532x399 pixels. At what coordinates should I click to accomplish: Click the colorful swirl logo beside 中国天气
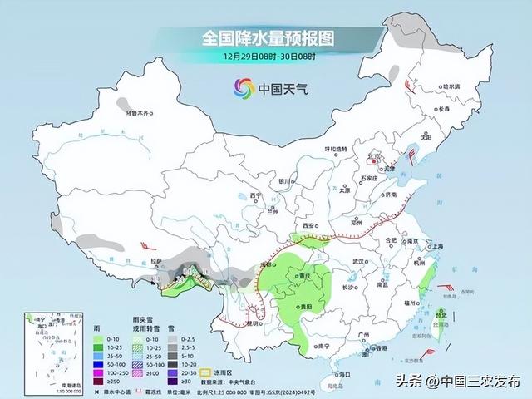point(243,86)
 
